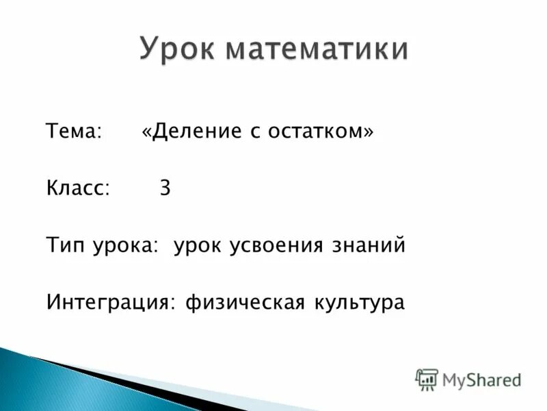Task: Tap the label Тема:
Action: pos(74,132)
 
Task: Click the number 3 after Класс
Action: pos(165,189)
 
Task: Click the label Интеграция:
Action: pos(110,303)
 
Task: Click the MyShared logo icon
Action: pos(426,379)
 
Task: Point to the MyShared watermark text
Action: pos(481,379)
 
